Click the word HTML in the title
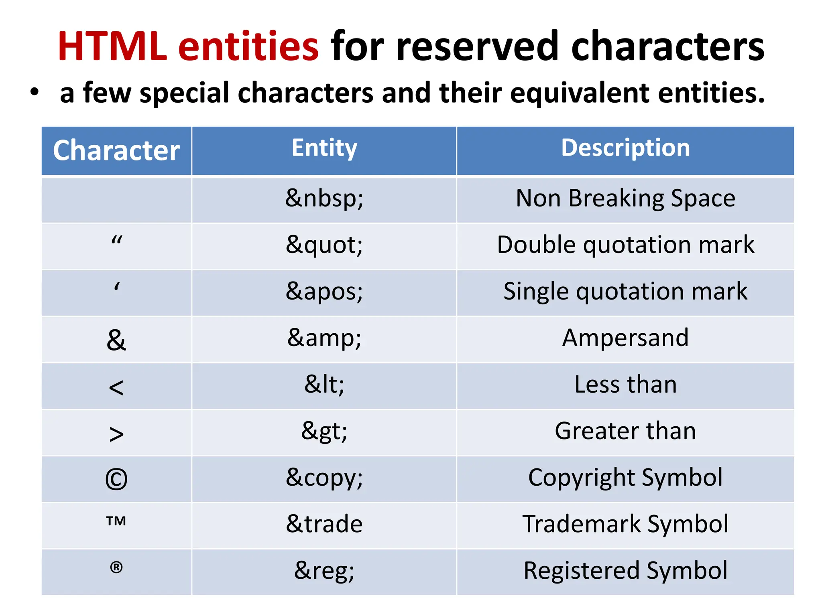click(x=112, y=47)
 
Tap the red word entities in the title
click(x=248, y=47)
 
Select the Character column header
click(x=116, y=150)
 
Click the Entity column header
click(x=324, y=148)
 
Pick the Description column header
click(x=625, y=148)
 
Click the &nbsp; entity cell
click(x=324, y=198)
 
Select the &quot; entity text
click(x=324, y=245)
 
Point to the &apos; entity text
click(x=324, y=291)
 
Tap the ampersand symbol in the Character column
click(x=116, y=340)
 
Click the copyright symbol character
click(x=116, y=480)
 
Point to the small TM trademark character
click(x=116, y=521)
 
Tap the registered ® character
click(x=116, y=567)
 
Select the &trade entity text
click(x=324, y=524)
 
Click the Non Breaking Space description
click(x=625, y=198)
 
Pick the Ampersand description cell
click(x=625, y=338)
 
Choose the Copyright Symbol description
click(x=625, y=477)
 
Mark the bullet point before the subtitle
click(x=35, y=92)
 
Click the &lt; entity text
click(x=324, y=384)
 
